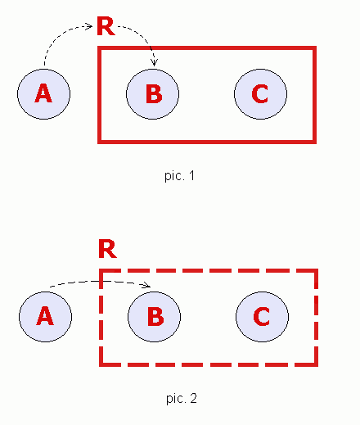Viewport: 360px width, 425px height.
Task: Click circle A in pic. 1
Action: pos(44,93)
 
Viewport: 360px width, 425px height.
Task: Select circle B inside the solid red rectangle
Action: pos(152,93)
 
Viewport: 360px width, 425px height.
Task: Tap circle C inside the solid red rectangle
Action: pos(260,93)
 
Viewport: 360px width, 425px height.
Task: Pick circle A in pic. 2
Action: pos(45,315)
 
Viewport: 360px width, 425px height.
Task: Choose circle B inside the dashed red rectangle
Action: pos(155,315)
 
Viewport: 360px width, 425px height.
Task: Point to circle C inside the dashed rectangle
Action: pos(262,315)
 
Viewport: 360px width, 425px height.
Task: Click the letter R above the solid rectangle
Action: pos(106,27)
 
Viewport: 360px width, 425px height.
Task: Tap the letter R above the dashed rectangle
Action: pos(106,249)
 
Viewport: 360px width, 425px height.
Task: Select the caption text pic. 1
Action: pos(179,175)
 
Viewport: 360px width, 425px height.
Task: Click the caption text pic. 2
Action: pos(180,399)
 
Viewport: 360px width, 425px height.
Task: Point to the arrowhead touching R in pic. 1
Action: pos(90,26)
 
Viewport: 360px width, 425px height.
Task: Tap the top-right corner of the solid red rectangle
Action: pos(313,49)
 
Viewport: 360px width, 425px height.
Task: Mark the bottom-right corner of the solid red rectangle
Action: pos(313,141)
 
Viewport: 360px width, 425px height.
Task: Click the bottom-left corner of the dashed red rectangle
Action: pos(101,363)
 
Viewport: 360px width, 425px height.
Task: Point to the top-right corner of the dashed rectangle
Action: pos(315,271)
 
